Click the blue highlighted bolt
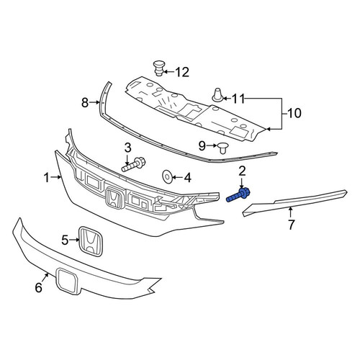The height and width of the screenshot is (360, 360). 238,195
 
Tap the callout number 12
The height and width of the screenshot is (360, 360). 182,72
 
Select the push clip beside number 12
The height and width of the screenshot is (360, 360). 158,68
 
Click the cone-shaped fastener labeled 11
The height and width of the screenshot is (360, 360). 217,95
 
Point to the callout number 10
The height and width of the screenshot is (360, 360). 294,113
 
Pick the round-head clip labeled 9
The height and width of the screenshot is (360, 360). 223,148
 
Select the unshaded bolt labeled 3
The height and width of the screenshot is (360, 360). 133,164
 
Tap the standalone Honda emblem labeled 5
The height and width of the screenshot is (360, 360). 91,241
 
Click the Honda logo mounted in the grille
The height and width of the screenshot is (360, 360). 114,197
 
